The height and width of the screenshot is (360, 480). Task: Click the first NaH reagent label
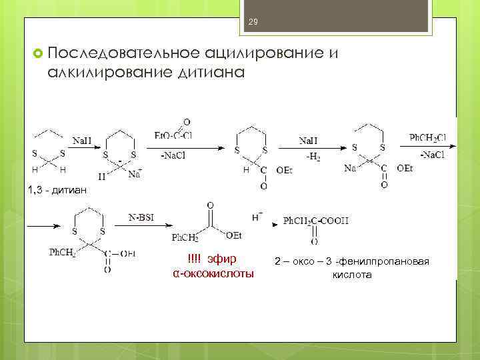(x=83, y=141)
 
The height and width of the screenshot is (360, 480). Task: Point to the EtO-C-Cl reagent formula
(x=175, y=136)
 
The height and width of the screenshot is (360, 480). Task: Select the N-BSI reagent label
(x=141, y=217)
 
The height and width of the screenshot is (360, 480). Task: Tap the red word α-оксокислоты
(x=213, y=273)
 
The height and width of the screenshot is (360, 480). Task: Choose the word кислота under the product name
(x=352, y=275)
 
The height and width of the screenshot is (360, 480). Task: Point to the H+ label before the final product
(x=256, y=218)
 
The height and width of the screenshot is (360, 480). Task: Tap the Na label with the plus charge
(x=134, y=175)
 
